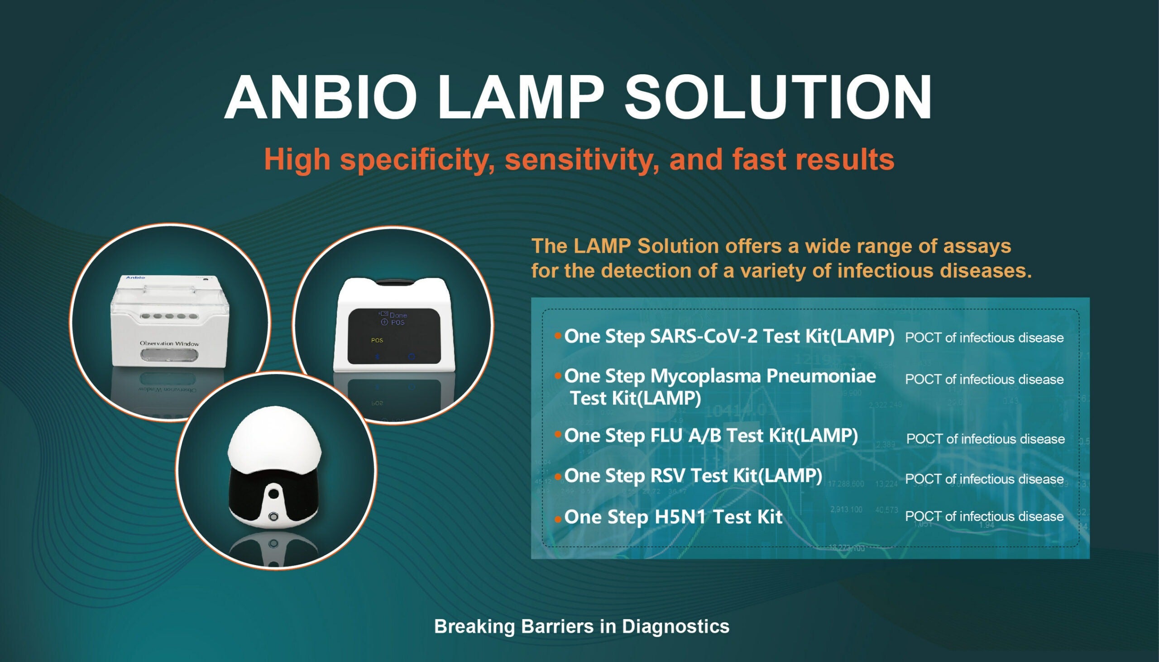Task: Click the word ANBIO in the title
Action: [321, 97]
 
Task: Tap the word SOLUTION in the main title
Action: [778, 97]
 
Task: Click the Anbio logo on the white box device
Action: [135, 277]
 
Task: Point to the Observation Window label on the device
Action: [169, 343]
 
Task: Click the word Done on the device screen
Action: [398, 315]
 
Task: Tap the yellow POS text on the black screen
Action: [377, 340]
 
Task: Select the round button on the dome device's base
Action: [274, 516]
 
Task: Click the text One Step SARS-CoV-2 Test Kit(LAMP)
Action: [729, 337]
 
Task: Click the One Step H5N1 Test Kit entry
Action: [673, 517]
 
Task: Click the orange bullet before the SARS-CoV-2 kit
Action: [558, 337]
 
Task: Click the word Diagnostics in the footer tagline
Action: [675, 627]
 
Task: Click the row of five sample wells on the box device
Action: [169, 316]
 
